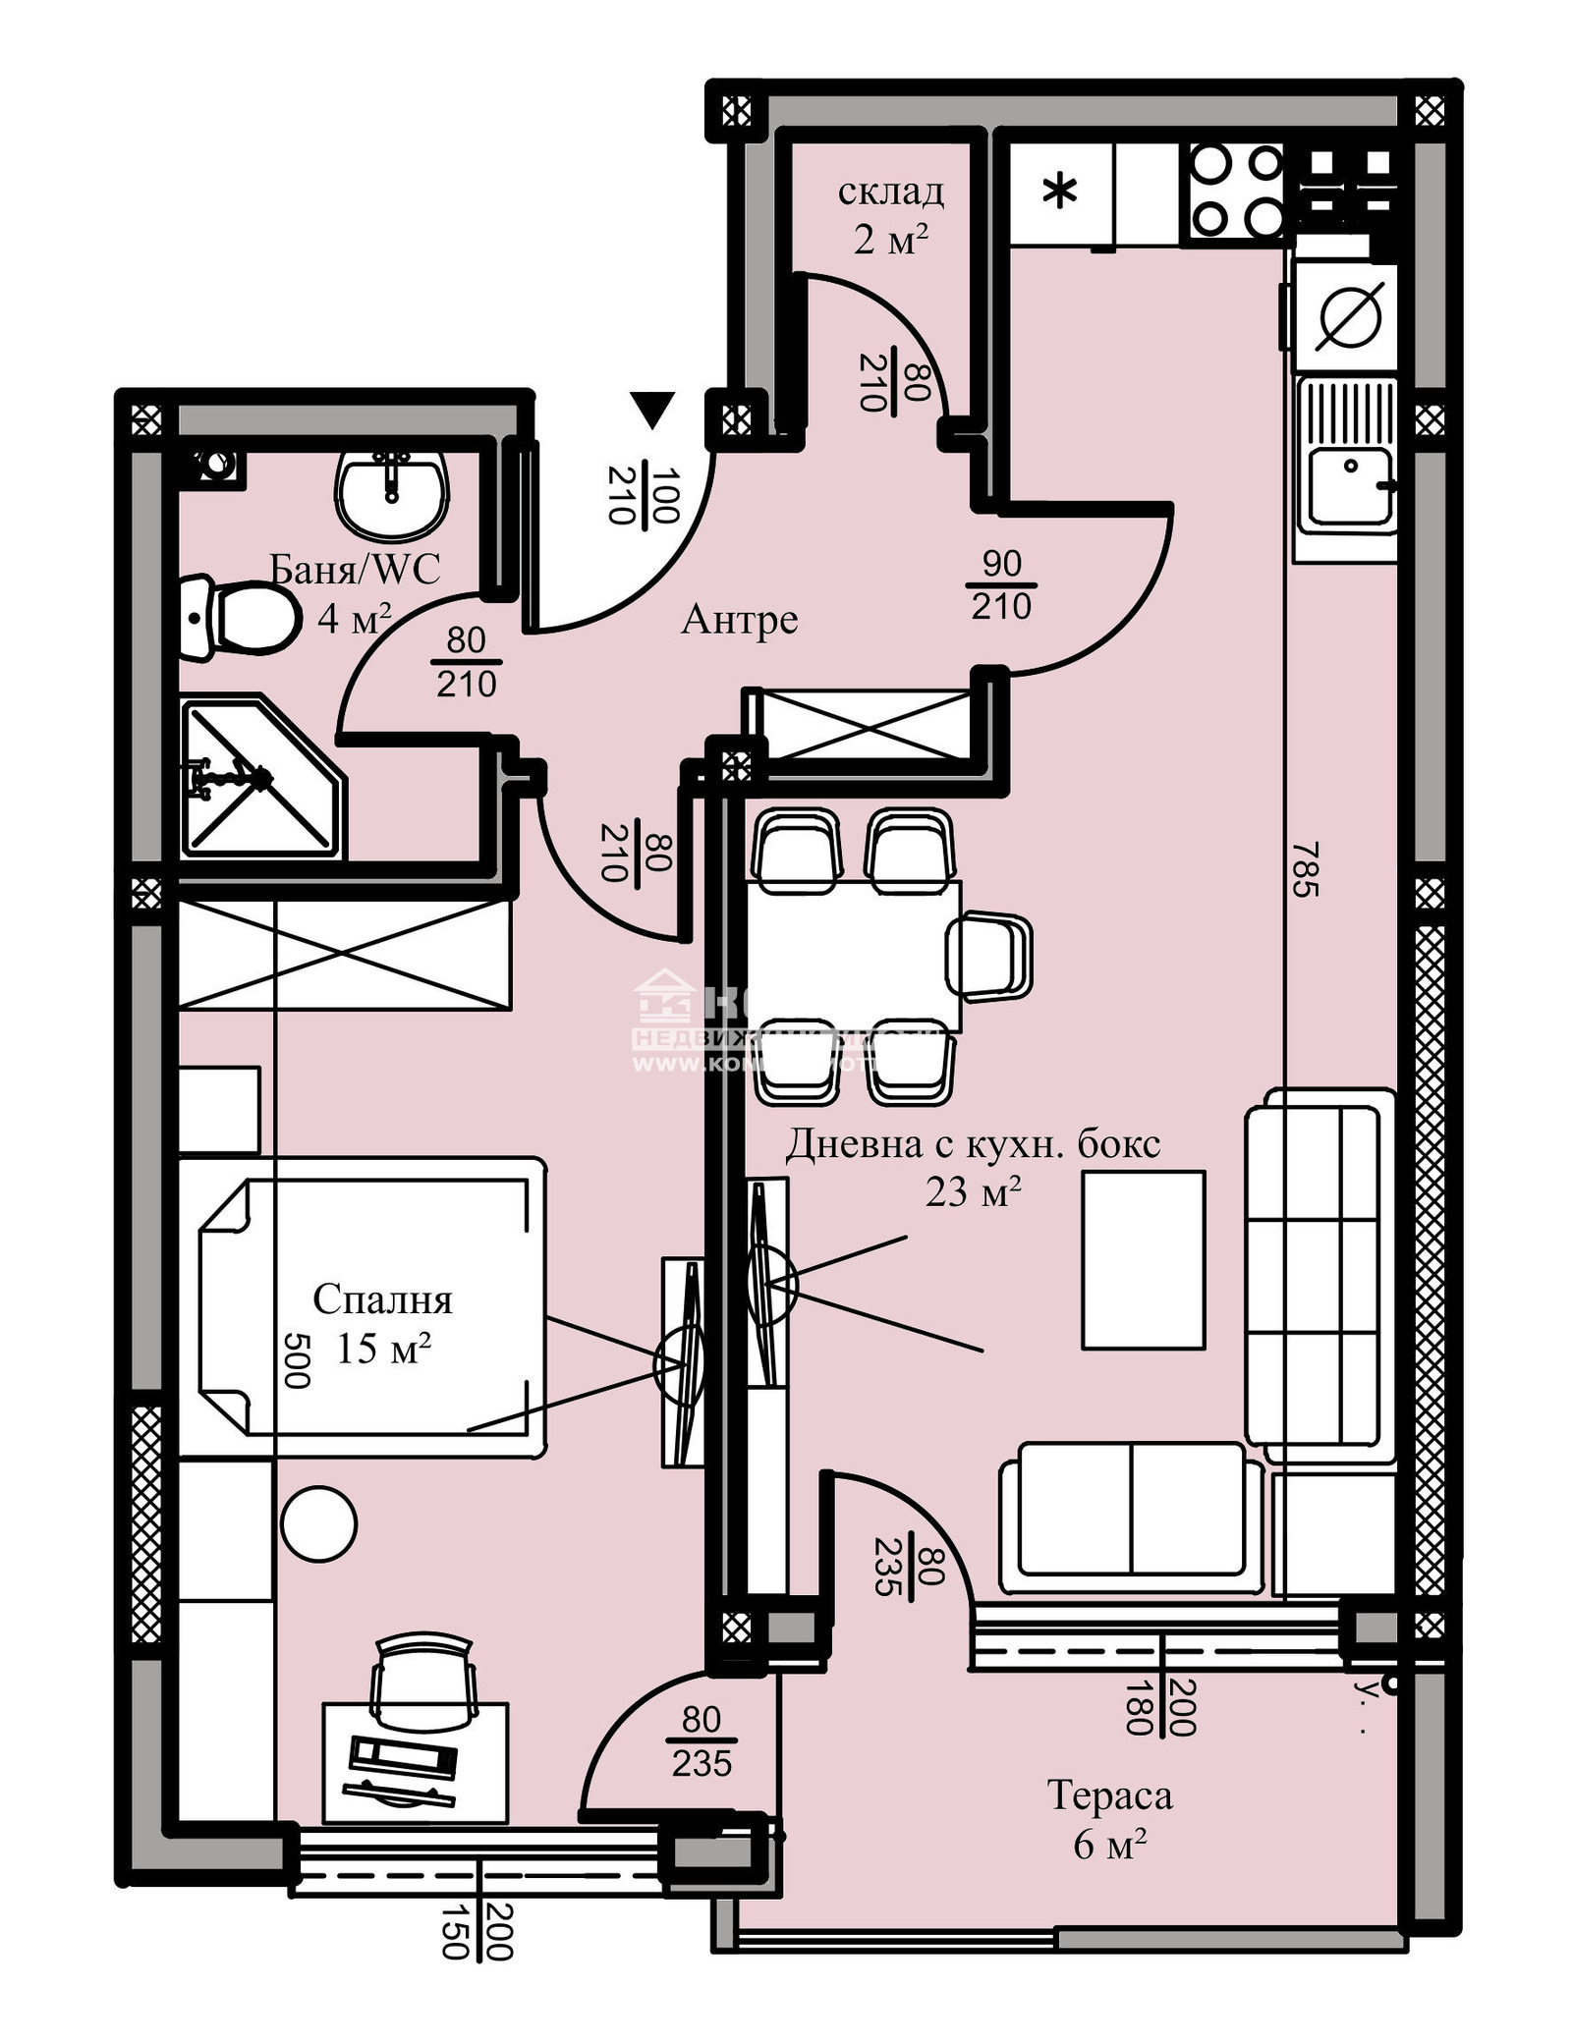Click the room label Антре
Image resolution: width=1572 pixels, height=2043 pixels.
pos(739,620)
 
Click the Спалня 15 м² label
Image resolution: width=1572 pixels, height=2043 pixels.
pos(383,1323)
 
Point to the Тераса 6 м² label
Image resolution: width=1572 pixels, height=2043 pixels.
pos(1110,1819)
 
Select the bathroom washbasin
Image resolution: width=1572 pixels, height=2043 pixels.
pos(393,494)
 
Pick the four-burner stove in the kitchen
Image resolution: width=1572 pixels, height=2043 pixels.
pos(1236,192)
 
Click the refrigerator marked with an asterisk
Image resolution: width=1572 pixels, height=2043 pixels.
pos(1059,193)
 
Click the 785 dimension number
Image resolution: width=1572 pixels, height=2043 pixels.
pos(1304,869)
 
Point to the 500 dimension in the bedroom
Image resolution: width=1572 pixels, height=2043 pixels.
pos(296,1360)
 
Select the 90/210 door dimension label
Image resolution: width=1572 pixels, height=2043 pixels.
pos(1001,585)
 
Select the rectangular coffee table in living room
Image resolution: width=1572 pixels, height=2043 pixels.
pos(1143,1260)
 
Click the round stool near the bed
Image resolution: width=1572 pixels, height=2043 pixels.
pos(318,1524)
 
